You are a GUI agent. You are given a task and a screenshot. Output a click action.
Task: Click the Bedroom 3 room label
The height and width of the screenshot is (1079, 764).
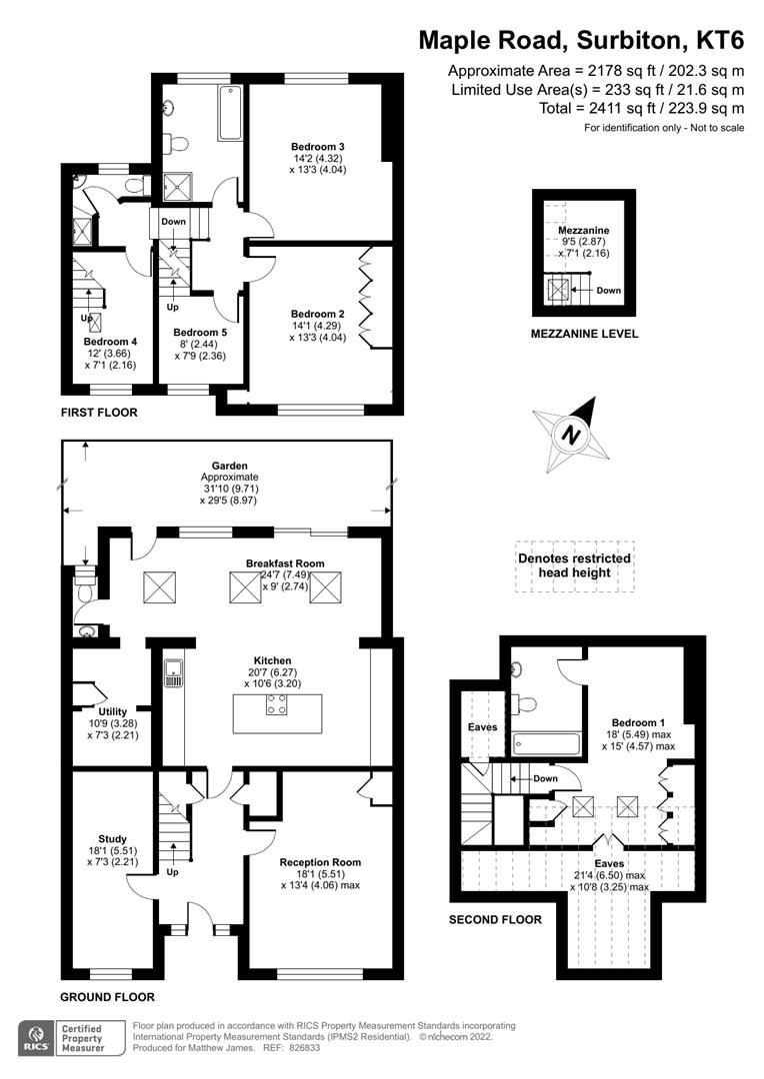pyautogui.click(x=319, y=148)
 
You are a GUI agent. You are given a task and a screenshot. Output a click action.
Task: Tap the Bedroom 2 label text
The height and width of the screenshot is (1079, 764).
pyautogui.click(x=317, y=313)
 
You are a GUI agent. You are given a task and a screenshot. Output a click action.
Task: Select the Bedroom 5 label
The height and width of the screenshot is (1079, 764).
pyautogui.click(x=200, y=333)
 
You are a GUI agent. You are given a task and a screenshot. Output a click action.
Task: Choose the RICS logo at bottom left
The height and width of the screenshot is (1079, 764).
pyautogui.click(x=36, y=1038)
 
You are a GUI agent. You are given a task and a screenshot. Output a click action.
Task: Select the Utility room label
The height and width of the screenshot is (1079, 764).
pyautogui.click(x=112, y=710)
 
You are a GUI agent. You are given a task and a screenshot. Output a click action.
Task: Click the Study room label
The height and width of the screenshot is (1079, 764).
pyautogui.click(x=112, y=838)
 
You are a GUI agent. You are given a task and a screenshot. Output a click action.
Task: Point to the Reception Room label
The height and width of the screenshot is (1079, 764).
pyautogui.click(x=320, y=861)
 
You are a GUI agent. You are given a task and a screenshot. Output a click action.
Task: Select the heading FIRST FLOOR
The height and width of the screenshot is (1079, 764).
pyautogui.click(x=99, y=413)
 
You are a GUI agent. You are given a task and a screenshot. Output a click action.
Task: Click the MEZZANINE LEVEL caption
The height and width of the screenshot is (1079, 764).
pyautogui.click(x=584, y=334)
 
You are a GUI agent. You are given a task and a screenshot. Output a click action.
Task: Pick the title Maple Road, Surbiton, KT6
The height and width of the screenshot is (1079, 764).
pyautogui.click(x=581, y=40)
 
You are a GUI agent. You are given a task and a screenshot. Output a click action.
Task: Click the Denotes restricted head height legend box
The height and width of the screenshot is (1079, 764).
pyautogui.click(x=575, y=566)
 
